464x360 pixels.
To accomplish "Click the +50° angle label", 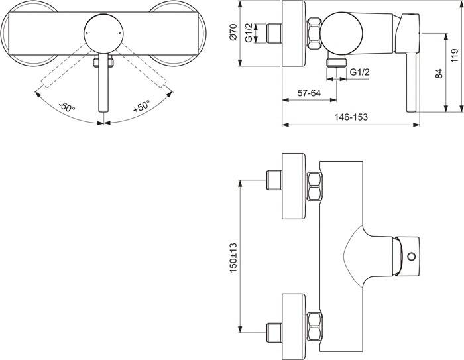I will (x=141, y=107).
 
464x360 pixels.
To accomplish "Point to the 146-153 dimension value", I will (x=351, y=117).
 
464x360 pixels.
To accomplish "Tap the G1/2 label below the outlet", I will (x=359, y=72).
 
